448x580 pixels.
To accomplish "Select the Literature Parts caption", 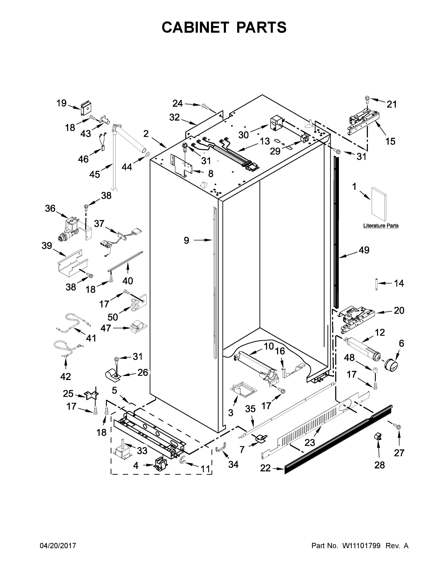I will click(x=381, y=226).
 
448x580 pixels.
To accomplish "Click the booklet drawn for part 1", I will click(x=379, y=204).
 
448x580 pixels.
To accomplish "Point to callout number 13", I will click(x=265, y=141).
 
